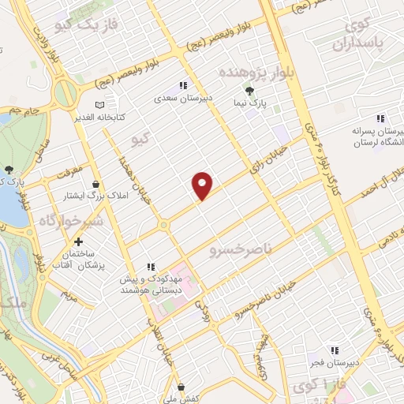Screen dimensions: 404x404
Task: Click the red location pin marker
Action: pyautogui.click(x=203, y=185)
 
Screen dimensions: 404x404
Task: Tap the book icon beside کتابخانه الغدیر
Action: pyautogui.click(x=99, y=104)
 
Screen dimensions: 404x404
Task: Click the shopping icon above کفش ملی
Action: pyautogui.click(x=181, y=387)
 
